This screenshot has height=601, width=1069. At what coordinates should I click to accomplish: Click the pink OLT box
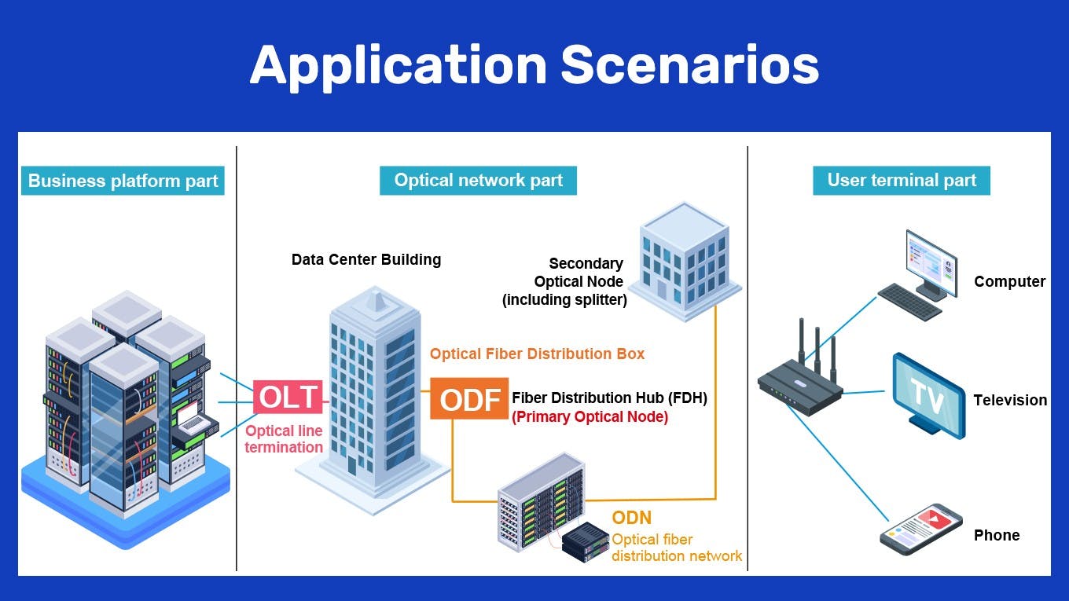pos(288,398)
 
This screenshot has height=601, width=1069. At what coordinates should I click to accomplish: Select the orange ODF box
pos(469,399)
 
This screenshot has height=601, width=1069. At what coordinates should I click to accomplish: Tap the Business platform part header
pos(123,181)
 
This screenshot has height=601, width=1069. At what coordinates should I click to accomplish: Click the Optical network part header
pos(478,181)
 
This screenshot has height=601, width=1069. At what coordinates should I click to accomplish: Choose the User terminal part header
pos(901,181)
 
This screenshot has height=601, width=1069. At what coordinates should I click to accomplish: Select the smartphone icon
pos(921,530)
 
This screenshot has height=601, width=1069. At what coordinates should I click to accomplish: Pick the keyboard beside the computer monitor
pos(909,302)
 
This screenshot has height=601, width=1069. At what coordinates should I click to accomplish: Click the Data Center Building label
pos(366,260)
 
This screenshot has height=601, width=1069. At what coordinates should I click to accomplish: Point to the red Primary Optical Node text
pos(590,417)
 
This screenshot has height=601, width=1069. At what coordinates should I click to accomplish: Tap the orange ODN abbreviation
pos(631,518)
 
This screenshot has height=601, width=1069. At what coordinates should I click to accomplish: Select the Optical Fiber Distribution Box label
pos(537,354)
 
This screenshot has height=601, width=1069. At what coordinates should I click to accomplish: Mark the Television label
pos(1010,401)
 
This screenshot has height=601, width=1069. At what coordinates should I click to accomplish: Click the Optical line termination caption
pos(284,439)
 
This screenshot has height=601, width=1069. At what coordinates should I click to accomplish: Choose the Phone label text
pos(997,536)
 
